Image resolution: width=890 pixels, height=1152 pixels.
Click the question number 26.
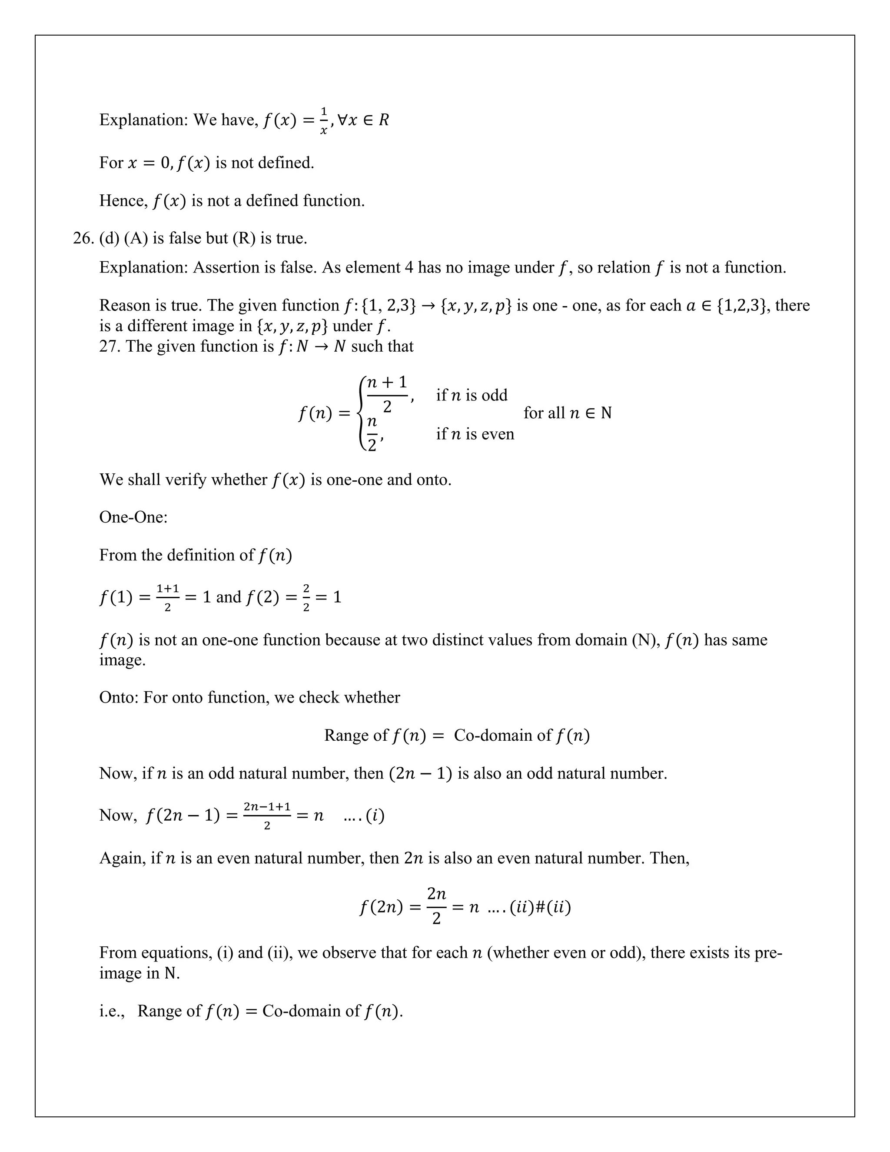point(83,238)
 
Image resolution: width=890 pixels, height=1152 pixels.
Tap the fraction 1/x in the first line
point(324,121)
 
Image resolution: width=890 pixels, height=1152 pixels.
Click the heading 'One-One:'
point(133,517)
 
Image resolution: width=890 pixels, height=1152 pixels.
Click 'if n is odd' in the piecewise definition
point(472,395)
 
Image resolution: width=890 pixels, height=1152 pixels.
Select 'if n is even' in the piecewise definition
point(475,434)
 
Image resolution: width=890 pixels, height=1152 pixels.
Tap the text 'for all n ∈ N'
point(567,413)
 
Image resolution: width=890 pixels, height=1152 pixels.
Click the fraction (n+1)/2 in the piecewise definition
point(387,394)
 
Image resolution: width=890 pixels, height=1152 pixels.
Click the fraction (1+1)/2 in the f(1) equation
point(168,597)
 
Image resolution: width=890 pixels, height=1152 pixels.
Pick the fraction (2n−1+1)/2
point(267,815)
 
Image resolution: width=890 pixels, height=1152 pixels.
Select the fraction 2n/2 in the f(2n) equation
point(437,907)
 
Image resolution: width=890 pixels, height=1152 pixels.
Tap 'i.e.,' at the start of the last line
point(112,1011)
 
